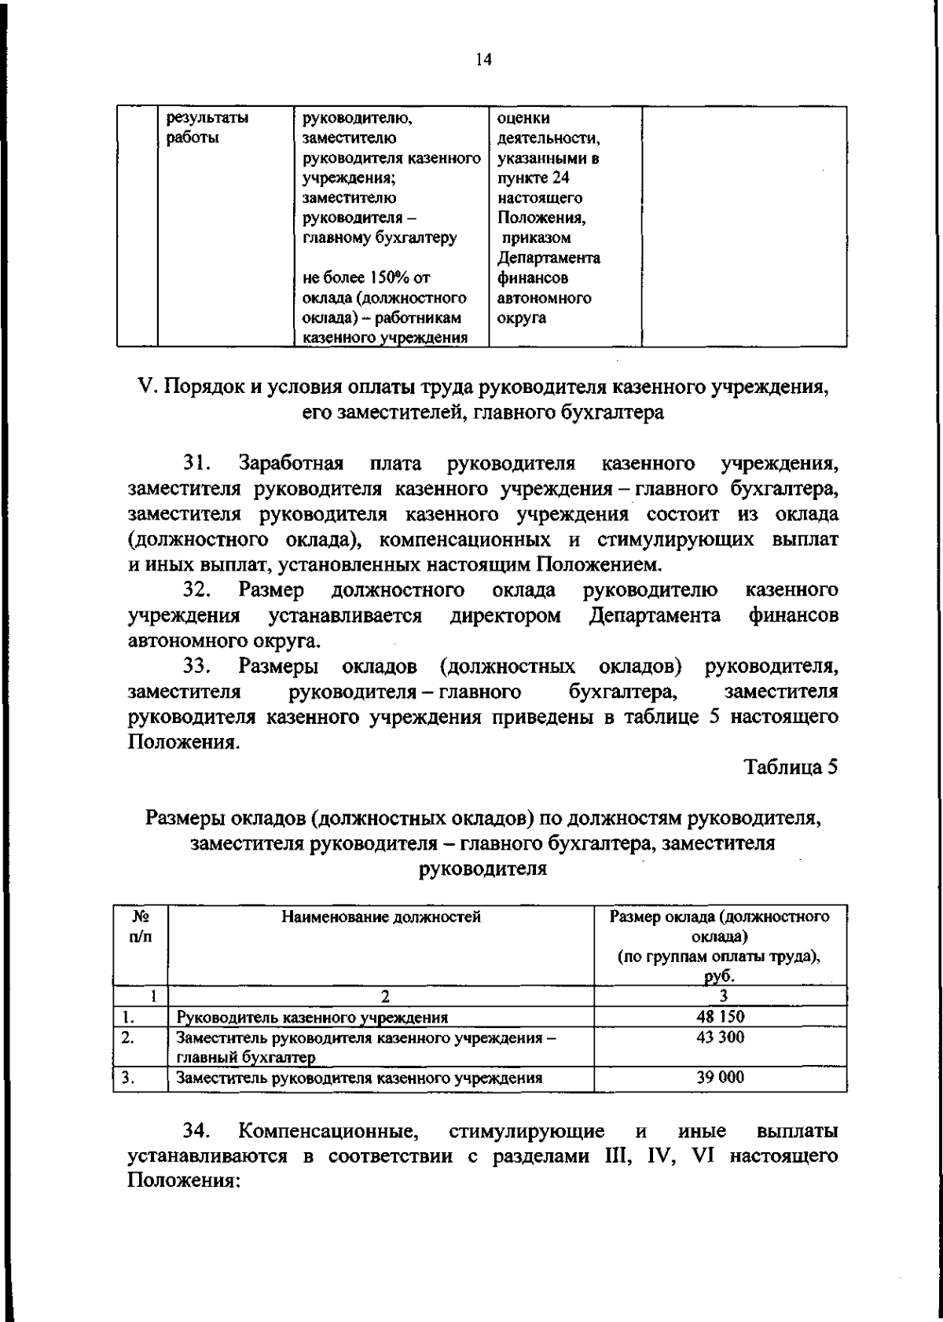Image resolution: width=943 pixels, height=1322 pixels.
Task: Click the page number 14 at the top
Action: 483,60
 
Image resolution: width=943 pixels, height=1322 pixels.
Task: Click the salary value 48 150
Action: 720,1017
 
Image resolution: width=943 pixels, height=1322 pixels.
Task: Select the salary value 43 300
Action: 720,1037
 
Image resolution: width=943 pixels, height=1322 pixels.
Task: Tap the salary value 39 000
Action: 720,1078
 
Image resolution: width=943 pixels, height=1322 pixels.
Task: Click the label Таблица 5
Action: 791,767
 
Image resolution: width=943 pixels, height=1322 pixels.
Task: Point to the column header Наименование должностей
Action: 381,916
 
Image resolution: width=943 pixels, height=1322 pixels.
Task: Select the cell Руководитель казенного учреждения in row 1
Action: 312,1018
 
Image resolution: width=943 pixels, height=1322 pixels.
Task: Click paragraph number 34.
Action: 197,1131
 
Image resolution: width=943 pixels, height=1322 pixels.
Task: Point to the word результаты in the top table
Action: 207,119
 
